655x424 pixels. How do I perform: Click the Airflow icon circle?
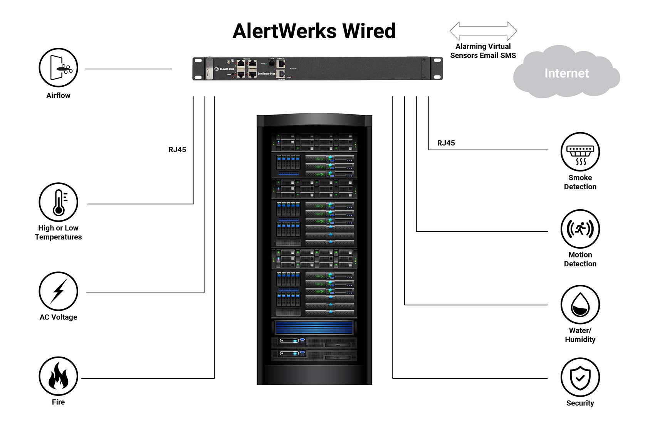tap(58, 67)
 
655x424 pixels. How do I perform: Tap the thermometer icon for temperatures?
tap(58, 202)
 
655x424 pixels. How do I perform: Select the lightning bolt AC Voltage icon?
tap(58, 291)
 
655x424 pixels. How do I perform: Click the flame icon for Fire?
tap(58, 376)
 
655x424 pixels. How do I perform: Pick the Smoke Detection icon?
tap(580, 152)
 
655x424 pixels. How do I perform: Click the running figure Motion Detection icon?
tap(580, 229)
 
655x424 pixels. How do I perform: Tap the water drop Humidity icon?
tap(580, 305)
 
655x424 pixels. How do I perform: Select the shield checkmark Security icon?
tap(580, 377)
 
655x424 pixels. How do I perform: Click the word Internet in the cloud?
tap(566, 73)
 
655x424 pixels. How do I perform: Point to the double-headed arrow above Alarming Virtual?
tap(483, 31)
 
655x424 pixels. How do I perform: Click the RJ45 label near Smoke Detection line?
tap(446, 143)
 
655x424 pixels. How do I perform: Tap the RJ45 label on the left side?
tap(177, 150)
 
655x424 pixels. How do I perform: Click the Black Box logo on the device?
tap(224, 69)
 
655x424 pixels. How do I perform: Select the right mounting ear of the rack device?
tap(437, 68)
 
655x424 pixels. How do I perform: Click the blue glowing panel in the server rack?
tap(314, 328)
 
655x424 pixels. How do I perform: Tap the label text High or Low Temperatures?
tap(58, 232)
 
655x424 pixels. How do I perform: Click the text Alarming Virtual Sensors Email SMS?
tap(483, 51)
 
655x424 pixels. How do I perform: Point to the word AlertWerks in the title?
tap(284, 31)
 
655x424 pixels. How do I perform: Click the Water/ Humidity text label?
tap(580, 335)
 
